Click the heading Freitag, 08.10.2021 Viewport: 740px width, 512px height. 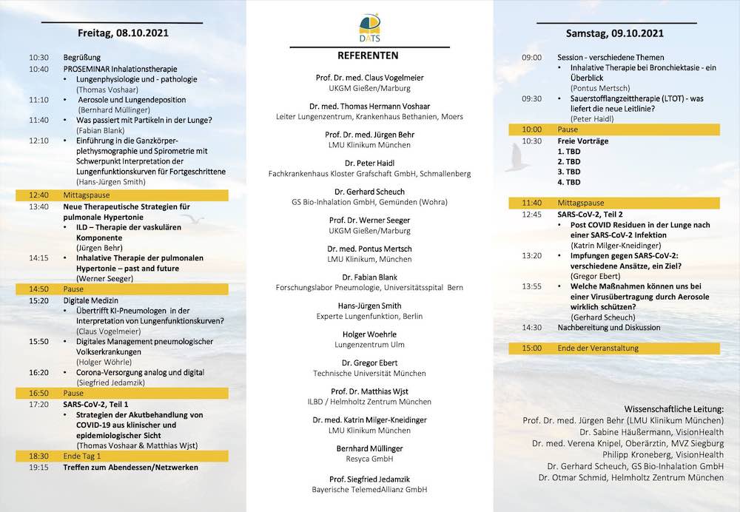(x=121, y=33)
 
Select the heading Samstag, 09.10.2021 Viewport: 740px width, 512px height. (x=614, y=33)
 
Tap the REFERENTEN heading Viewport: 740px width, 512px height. (x=368, y=55)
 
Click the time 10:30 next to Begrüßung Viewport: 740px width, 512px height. (x=38, y=57)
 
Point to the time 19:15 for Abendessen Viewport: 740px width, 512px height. (x=38, y=468)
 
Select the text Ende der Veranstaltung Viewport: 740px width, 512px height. (x=599, y=348)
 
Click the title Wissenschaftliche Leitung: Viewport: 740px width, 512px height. (x=674, y=409)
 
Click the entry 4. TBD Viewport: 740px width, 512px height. (x=569, y=182)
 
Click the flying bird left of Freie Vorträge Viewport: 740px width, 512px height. (x=518, y=158)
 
